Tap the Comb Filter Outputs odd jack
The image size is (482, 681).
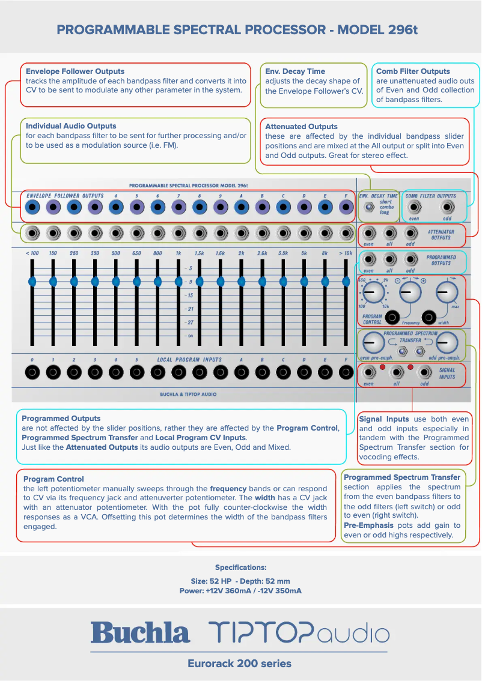tap(447, 208)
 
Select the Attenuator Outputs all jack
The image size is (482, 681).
tap(389, 233)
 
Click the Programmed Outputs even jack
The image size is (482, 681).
tap(369, 259)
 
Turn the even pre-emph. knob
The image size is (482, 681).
tap(373, 342)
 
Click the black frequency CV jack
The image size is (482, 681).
tap(392, 317)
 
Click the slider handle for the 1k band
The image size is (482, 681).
tap(178, 280)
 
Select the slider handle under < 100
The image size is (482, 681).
tap(32, 280)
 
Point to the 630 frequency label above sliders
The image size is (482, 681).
tap(136, 253)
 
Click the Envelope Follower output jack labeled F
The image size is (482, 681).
tap(346, 208)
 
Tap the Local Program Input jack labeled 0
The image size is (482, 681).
tap(32, 372)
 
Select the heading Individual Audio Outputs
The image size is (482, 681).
tap(71, 126)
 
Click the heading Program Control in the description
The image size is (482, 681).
tap(53, 479)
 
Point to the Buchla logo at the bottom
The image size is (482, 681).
tap(140, 632)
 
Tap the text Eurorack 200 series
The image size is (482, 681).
tap(239, 664)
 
